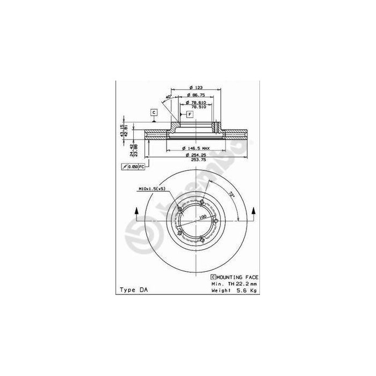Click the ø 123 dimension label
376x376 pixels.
point(194,87)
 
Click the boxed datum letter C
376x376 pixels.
point(153,112)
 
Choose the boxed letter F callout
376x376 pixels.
point(190,114)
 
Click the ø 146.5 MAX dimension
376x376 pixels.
point(196,148)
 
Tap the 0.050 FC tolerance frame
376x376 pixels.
point(134,168)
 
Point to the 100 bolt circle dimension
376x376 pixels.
point(203,218)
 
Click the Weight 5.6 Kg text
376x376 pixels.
point(234,290)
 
